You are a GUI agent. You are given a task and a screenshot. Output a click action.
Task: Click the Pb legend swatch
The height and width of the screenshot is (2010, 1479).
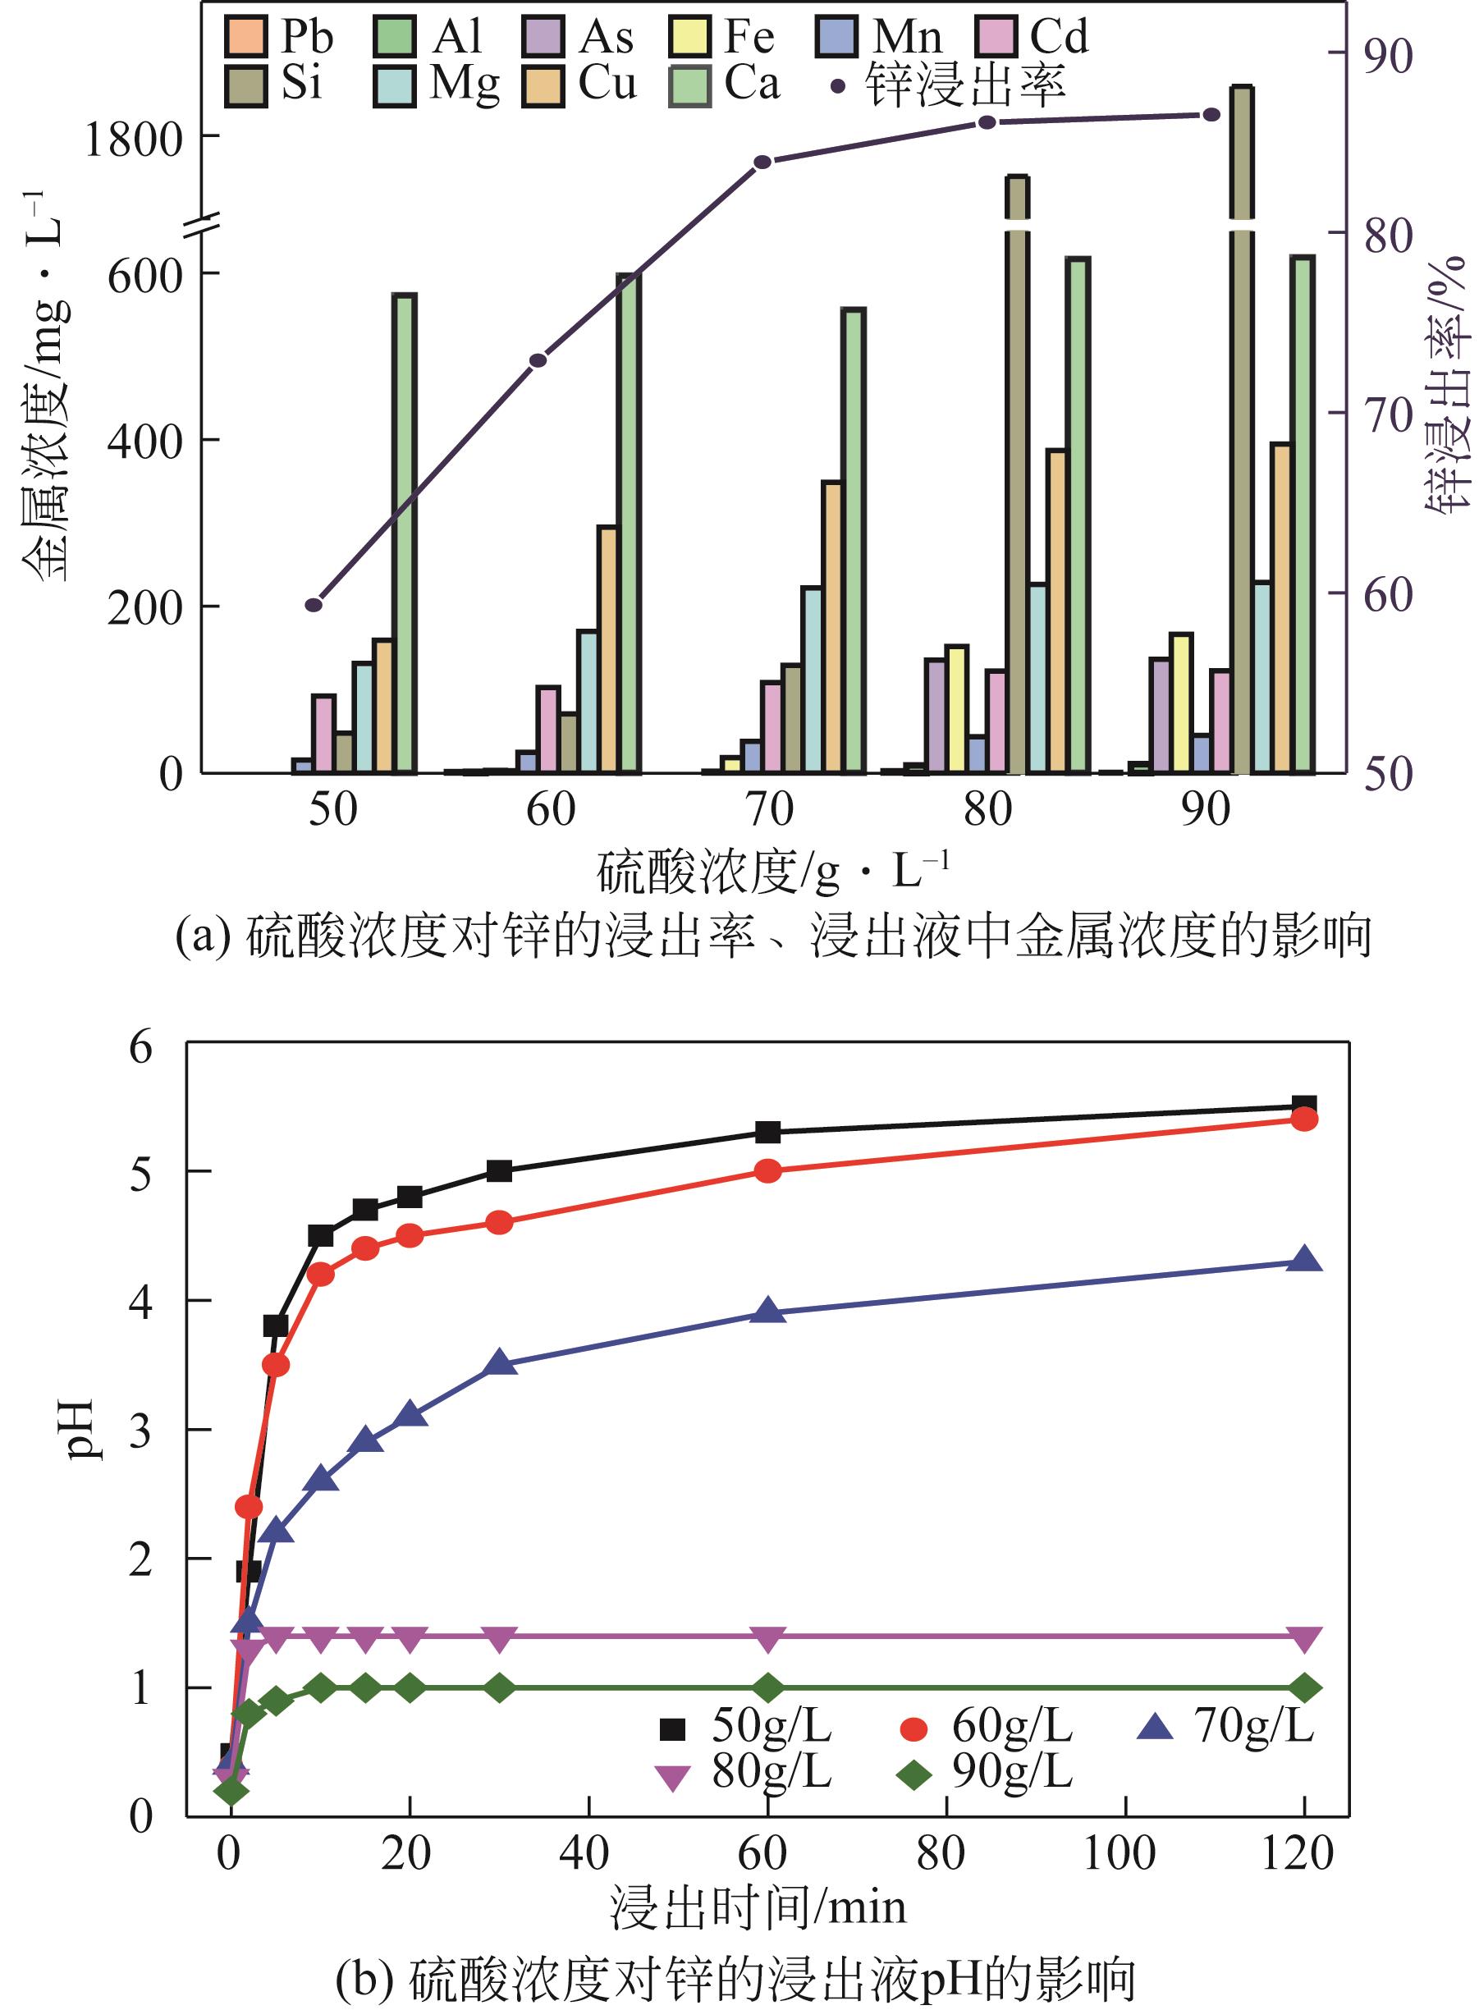click(246, 36)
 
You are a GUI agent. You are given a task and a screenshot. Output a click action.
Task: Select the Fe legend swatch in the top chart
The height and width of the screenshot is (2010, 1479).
click(690, 36)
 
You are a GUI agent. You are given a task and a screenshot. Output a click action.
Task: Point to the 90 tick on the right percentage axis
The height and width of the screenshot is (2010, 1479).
click(1388, 56)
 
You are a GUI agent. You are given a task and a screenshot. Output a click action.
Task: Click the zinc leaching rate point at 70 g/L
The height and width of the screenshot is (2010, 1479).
click(762, 162)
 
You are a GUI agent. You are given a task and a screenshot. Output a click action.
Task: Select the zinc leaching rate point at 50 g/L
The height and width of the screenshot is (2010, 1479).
click(314, 605)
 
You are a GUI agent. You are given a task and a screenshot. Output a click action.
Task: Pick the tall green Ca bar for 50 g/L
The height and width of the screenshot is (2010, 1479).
click(405, 533)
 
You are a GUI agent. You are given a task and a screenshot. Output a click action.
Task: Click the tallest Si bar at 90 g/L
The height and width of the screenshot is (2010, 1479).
click(1241, 430)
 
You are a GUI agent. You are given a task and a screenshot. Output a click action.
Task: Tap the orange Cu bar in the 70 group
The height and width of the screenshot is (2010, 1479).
click(831, 627)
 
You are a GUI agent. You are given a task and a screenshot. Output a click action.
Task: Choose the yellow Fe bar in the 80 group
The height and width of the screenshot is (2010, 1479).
click(956, 708)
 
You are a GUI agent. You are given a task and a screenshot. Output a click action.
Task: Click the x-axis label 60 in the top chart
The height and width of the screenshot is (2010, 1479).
click(550, 810)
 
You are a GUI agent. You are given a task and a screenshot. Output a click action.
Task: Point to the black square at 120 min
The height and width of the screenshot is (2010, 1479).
click(1304, 1106)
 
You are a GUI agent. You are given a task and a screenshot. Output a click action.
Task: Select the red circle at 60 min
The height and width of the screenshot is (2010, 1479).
click(768, 1171)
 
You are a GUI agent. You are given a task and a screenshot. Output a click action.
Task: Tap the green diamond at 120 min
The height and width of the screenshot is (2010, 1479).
click(1304, 1688)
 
